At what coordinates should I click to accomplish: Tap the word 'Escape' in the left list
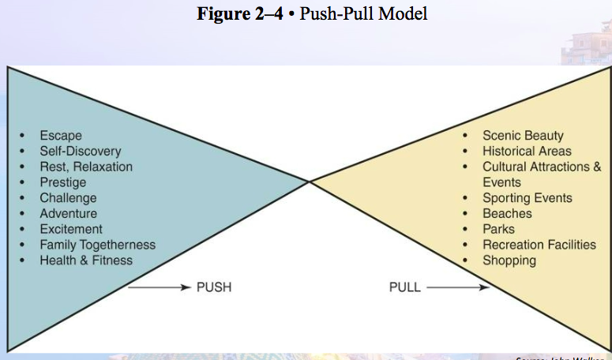coord(61,136)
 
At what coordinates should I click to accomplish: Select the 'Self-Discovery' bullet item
coord(81,151)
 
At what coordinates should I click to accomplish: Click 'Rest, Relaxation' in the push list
coord(86,167)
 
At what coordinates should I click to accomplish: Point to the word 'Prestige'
coord(63,182)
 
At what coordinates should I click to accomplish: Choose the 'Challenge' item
coord(68,198)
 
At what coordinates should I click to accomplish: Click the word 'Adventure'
coord(69,213)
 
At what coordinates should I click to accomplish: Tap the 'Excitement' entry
coord(71,229)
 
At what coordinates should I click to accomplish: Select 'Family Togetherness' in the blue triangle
coord(98,245)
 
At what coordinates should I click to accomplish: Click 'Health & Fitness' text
coord(86,260)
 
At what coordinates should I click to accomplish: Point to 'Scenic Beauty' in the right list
coord(523,136)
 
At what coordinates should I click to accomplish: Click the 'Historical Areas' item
coord(527,151)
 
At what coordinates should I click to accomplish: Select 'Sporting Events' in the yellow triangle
coord(528,198)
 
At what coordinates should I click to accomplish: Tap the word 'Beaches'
coord(507,213)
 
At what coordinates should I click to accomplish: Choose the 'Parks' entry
coord(498,229)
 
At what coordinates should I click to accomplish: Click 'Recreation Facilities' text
coord(539,245)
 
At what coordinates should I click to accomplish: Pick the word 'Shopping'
coord(509,260)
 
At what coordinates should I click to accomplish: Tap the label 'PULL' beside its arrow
coord(405,287)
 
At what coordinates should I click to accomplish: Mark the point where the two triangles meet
coord(309,182)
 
